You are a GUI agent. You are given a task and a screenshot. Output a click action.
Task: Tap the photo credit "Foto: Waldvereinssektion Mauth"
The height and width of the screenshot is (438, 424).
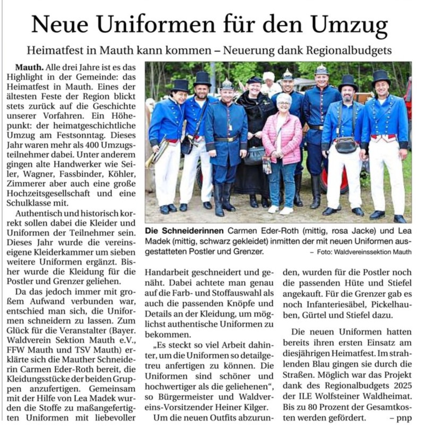pyautogui.click(x=365, y=251)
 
